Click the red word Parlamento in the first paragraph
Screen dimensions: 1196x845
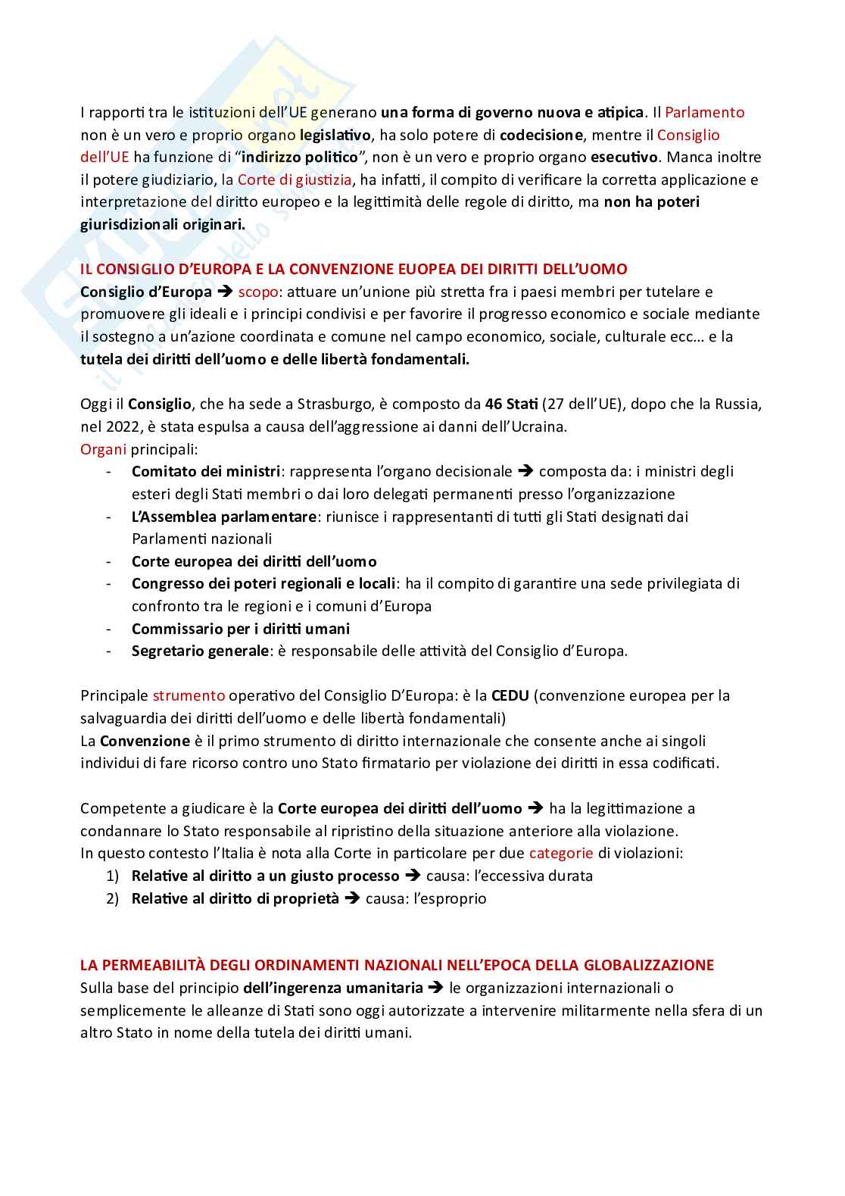704,113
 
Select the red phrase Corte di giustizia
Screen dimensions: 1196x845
295,180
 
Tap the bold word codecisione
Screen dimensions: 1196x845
541,136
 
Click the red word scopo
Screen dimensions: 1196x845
257,292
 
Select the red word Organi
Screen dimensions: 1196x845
103,449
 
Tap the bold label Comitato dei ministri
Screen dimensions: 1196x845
206,472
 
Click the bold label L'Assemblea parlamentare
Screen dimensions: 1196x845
223,517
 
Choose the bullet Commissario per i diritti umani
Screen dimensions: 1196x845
241,629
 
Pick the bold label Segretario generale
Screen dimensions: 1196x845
200,651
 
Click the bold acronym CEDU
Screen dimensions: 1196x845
510,696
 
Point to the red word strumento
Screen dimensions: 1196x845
189,696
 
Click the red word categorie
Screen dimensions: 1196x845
561,854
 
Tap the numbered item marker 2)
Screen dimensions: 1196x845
112,899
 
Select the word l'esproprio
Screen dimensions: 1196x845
450,899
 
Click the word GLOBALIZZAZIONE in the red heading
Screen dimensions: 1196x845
648,966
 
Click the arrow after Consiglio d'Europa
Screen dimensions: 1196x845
225,292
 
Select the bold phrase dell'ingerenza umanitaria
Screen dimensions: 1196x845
333,988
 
